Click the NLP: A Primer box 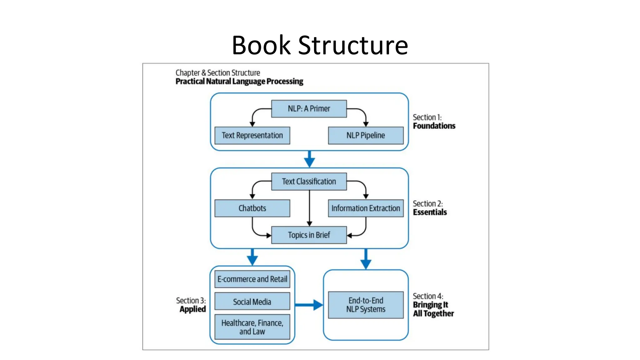click(x=309, y=109)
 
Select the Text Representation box click(x=252, y=135)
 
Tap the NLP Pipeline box click(x=366, y=135)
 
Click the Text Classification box click(x=309, y=182)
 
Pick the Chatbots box click(x=252, y=208)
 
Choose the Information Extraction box click(x=366, y=208)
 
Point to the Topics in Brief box click(x=309, y=235)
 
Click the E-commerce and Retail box click(x=252, y=279)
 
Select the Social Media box click(x=252, y=302)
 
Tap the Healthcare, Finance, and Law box click(x=252, y=327)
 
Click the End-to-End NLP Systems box click(x=366, y=305)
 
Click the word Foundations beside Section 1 click(x=434, y=126)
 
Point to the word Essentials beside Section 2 click(x=430, y=212)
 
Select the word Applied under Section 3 click(x=192, y=309)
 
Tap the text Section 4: click(x=428, y=296)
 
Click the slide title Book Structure click(x=320, y=45)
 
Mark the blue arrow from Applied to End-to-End click(x=309, y=305)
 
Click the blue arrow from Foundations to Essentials click(x=309, y=159)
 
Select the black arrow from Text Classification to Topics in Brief click(x=309, y=208)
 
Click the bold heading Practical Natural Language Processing click(x=239, y=82)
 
